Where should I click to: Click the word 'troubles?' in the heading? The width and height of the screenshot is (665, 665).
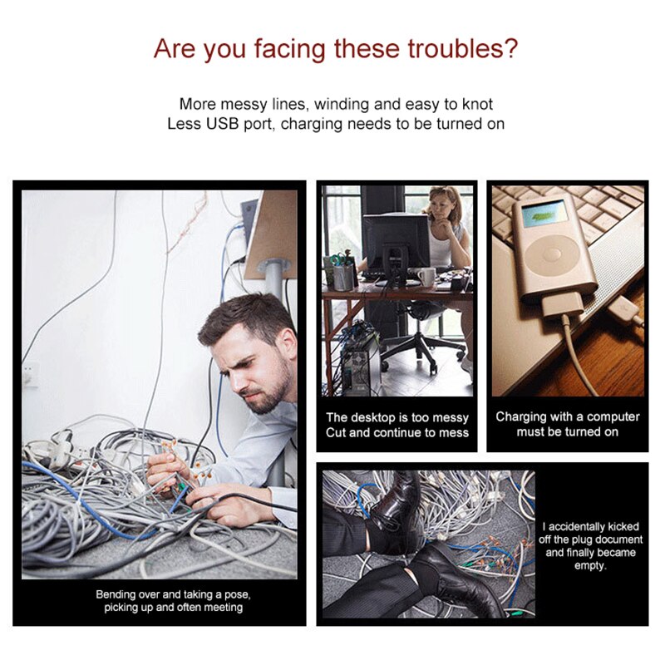463,49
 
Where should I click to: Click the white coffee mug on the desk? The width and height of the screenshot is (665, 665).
426,277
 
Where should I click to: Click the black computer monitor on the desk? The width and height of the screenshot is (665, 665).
396,247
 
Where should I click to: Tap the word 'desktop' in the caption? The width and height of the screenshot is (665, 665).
372,418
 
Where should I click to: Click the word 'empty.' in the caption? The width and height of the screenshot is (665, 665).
590,566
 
